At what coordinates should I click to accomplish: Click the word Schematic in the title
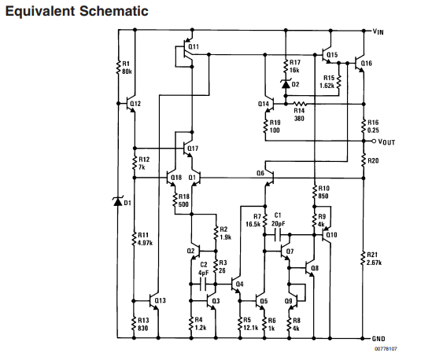[114, 12]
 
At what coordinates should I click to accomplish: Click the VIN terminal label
[378, 31]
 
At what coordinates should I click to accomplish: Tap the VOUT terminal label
[386, 141]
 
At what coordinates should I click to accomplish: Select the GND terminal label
[378, 339]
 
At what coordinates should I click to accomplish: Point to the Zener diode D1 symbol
[118, 202]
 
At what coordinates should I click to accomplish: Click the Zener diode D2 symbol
[286, 83]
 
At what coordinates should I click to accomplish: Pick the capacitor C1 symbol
[278, 235]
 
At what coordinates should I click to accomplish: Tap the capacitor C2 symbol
[203, 284]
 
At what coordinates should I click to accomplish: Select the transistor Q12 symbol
[131, 104]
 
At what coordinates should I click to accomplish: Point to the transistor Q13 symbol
[153, 301]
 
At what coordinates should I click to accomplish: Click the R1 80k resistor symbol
[119, 67]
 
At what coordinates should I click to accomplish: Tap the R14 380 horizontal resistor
[300, 104]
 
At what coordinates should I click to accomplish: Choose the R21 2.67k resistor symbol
[363, 258]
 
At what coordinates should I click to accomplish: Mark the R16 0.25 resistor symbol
[364, 126]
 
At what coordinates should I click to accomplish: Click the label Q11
[194, 46]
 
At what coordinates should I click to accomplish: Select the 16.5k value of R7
[253, 224]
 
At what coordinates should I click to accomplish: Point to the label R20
[373, 160]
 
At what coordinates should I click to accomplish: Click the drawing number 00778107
[386, 349]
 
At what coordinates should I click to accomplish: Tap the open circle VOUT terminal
[374, 141]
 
